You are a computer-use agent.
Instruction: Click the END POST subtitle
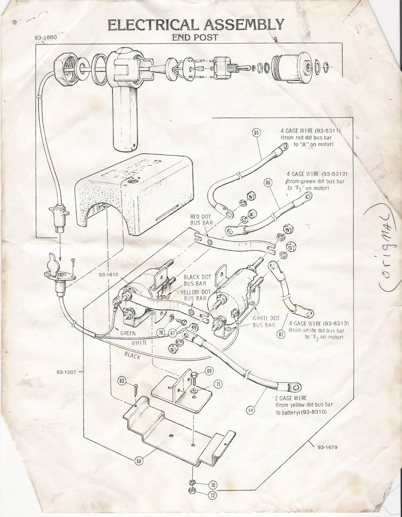[195, 37]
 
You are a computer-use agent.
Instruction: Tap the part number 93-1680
[46, 37]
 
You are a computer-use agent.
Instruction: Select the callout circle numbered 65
[257, 132]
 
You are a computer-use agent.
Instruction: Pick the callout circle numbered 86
[268, 183]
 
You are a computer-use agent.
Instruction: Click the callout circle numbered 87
[281, 335]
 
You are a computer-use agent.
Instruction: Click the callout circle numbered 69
[209, 371]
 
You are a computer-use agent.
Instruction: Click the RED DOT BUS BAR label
[201, 220]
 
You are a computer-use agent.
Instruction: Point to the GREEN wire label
[128, 333]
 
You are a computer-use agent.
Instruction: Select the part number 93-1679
[327, 448]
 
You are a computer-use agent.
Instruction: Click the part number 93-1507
[66, 372]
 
